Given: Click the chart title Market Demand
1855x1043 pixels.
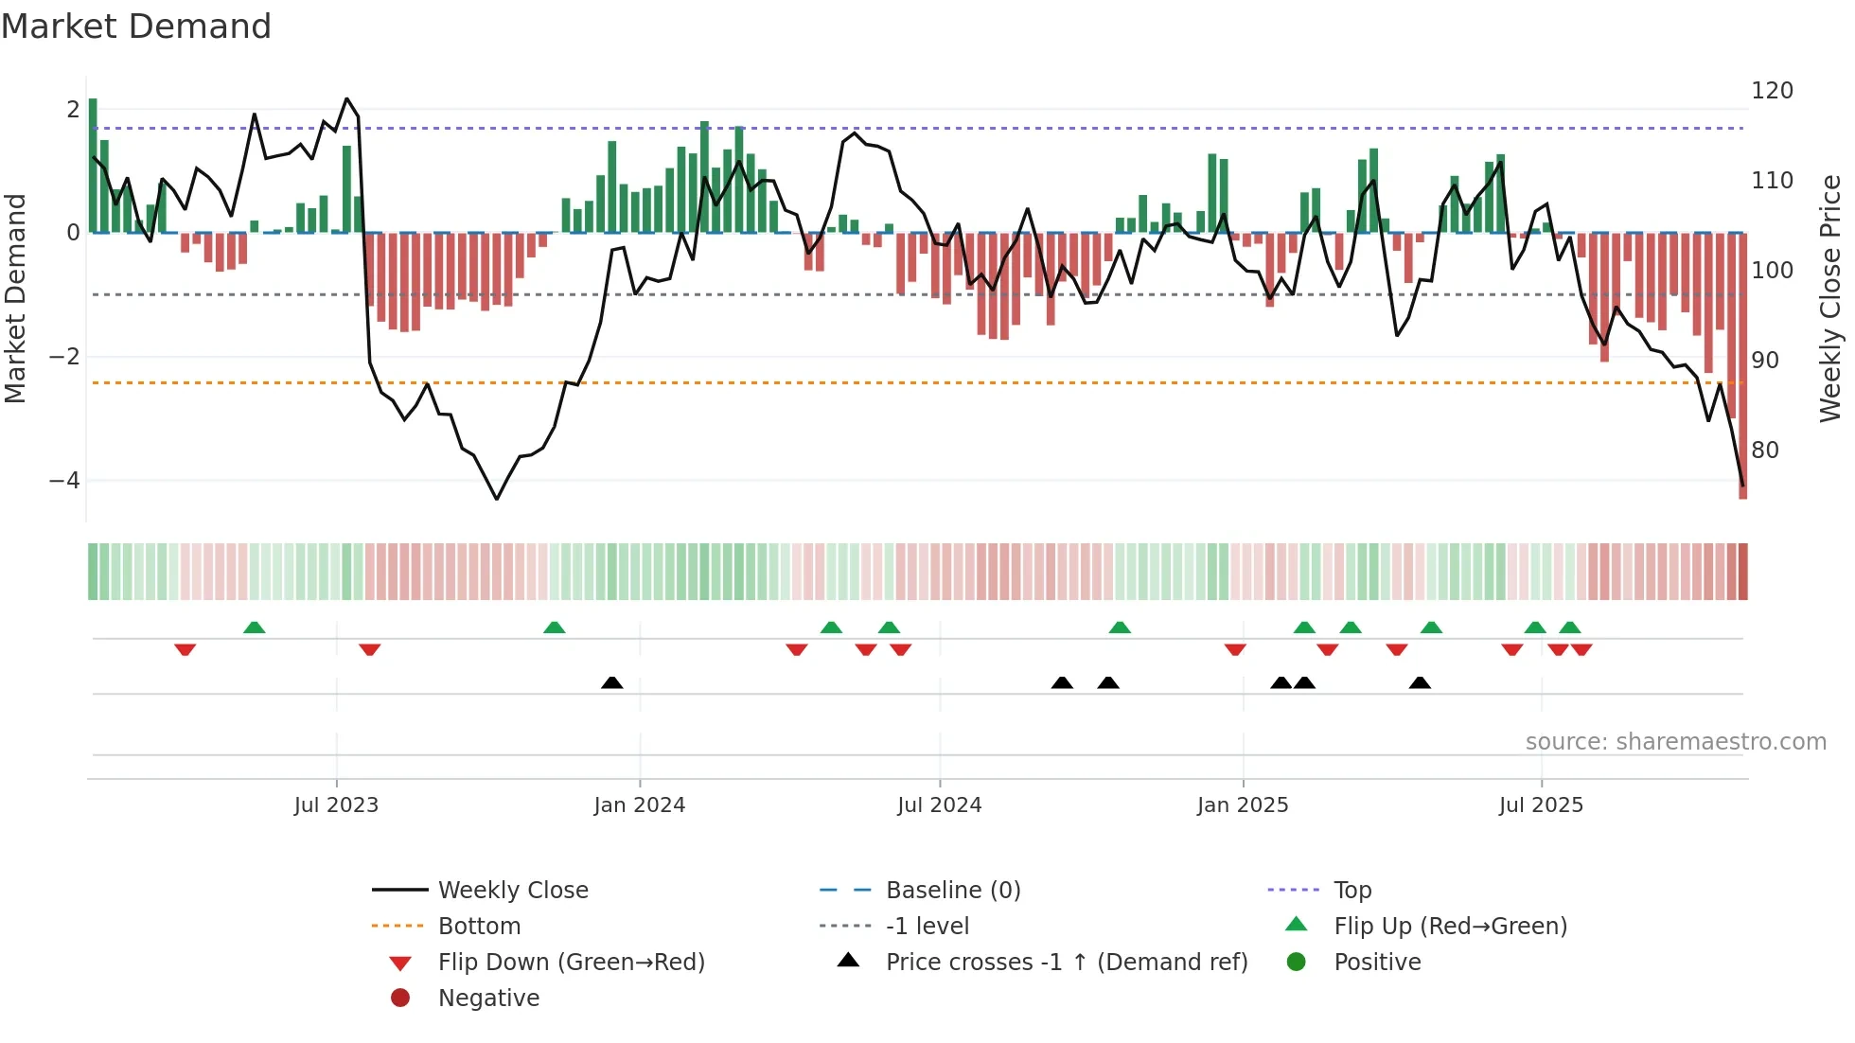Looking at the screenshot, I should pyautogui.click(x=136, y=27).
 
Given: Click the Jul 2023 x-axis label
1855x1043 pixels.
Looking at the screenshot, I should pyautogui.click(x=336, y=805).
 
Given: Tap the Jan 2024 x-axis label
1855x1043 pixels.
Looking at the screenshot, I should pyautogui.click(x=640, y=805).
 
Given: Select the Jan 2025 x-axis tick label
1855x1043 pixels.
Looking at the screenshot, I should pyautogui.click(x=1243, y=805).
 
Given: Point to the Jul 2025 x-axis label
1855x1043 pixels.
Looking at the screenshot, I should pyautogui.click(x=1541, y=805).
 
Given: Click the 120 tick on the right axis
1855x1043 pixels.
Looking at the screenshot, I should pyautogui.click(x=1772, y=91).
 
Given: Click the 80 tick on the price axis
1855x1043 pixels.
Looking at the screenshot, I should pyautogui.click(x=1765, y=451).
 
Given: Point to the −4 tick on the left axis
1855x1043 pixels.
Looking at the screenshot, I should pyautogui.click(x=65, y=481).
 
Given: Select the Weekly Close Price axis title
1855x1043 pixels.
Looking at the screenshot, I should pyautogui.click(x=1830, y=298).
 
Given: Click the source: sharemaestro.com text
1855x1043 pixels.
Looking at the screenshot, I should pyautogui.click(x=1675, y=742).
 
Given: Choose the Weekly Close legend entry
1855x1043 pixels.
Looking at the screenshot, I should pyautogui.click(x=512, y=891).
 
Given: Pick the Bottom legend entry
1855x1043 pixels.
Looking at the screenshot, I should pyautogui.click(x=479, y=927).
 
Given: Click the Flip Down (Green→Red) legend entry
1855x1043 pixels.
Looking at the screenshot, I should pyautogui.click(x=571, y=963).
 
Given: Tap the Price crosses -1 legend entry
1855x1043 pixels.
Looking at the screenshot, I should pyautogui.click(x=1066, y=963).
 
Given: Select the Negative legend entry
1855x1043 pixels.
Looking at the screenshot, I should pyautogui.click(x=488, y=999).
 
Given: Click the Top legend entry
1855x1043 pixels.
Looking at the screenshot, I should pyautogui.click(x=1352, y=891).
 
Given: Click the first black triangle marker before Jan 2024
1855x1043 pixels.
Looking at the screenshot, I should pyautogui.click(x=612, y=683).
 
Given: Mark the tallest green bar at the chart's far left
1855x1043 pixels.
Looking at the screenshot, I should pyautogui.click(x=93, y=166).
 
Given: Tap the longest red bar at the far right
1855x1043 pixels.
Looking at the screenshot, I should pyautogui.click(x=1742, y=369).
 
